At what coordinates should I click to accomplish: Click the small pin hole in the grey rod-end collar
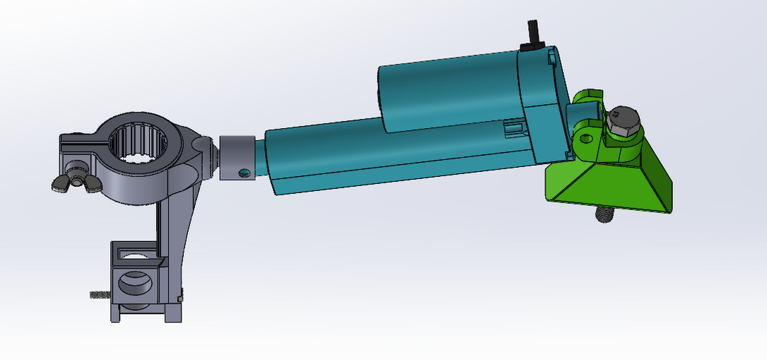(244, 173)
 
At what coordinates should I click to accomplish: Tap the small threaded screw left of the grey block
(100, 295)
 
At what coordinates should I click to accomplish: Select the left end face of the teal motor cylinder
(382, 99)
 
